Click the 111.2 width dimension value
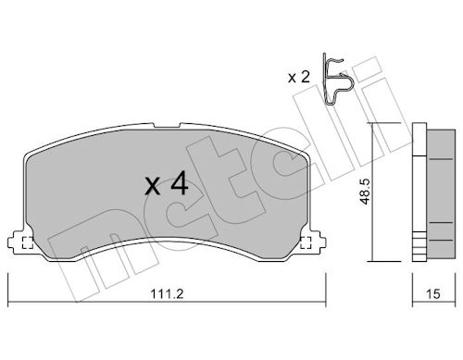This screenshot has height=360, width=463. [167, 293]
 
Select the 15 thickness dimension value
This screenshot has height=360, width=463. [433, 293]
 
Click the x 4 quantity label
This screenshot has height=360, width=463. [167, 184]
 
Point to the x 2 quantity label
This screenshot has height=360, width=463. [298, 77]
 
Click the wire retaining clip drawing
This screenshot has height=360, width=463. [335, 80]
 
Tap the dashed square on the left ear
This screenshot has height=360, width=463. [28, 242]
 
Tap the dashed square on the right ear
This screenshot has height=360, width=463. [306, 242]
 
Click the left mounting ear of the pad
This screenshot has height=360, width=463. [18, 242]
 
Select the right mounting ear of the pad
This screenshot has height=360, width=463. [315, 242]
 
